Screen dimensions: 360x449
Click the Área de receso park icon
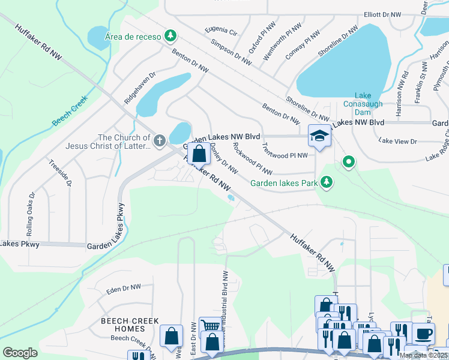point(171,37)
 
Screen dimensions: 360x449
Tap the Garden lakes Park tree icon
point(326,181)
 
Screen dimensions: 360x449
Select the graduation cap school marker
point(319,137)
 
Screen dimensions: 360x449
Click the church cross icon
point(159,141)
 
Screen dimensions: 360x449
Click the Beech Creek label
point(70,110)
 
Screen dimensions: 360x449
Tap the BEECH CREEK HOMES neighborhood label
point(123,325)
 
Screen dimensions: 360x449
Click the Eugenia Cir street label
point(221,30)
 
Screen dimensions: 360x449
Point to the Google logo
point(20,352)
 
